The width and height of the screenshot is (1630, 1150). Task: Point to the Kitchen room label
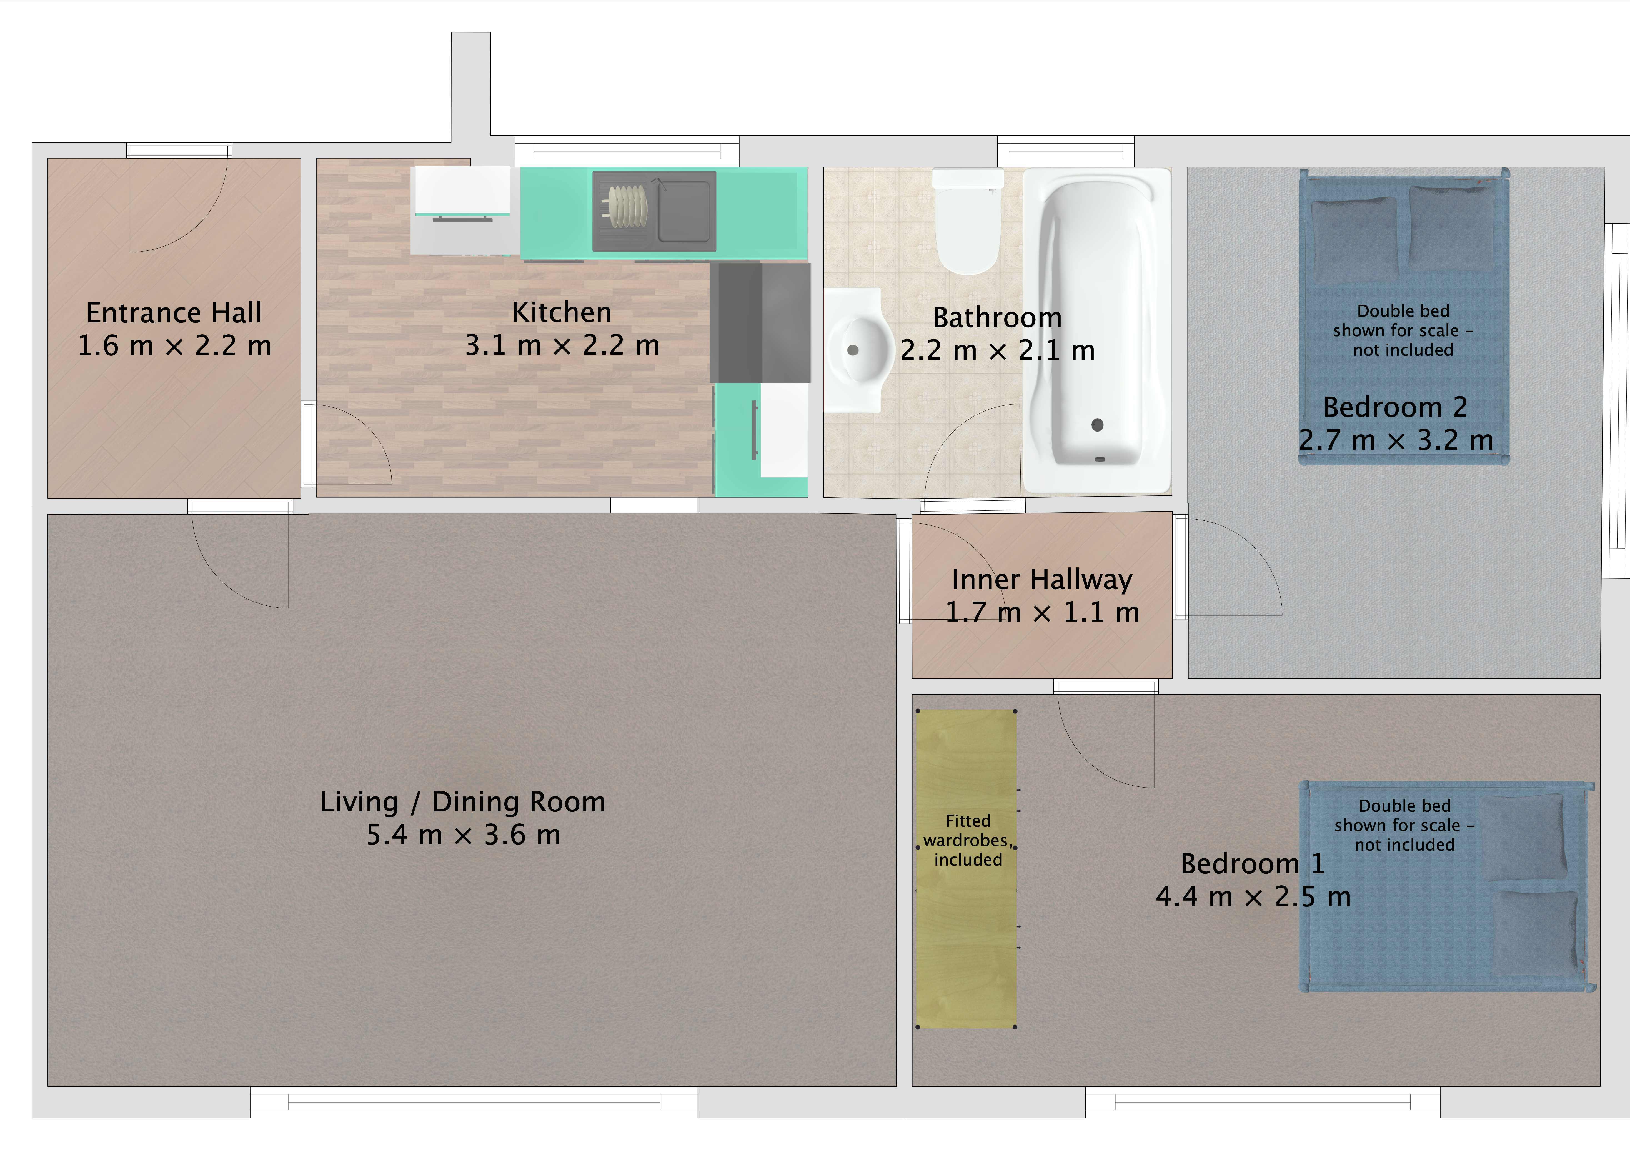562,312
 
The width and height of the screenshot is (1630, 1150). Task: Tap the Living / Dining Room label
463,802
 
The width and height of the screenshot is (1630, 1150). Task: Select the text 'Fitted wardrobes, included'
968,841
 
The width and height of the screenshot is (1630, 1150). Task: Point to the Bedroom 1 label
1252,864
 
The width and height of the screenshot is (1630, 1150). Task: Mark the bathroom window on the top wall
1066,151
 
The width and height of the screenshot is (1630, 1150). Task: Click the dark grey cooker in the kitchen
760,323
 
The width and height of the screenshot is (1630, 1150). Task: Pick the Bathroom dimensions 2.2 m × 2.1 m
997,351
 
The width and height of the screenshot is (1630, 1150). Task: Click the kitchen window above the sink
627,151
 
